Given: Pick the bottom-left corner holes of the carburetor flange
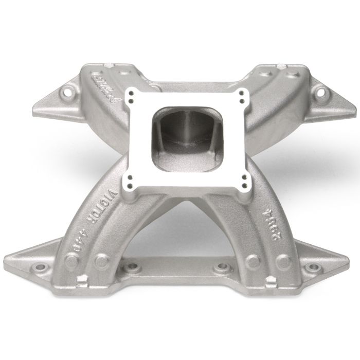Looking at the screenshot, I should [129, 181].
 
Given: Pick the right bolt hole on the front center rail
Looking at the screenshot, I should [224, 267].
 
